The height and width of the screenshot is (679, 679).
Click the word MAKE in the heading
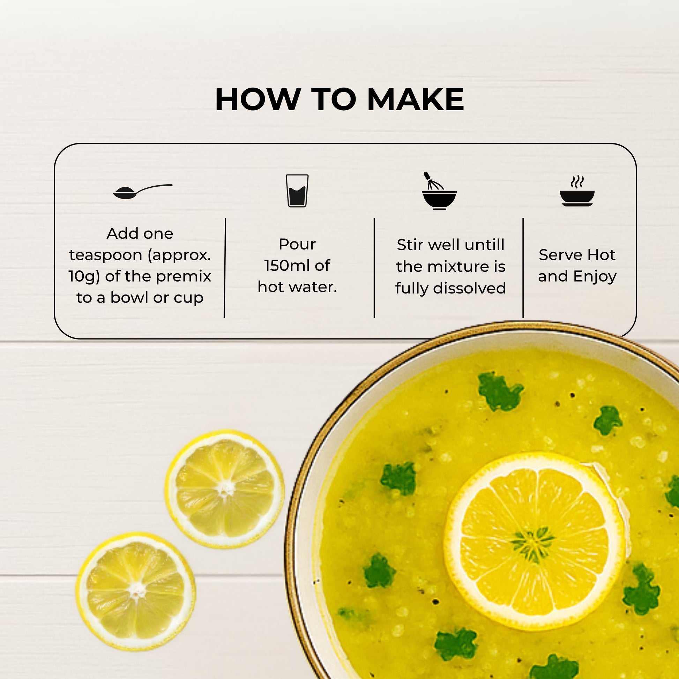coord(416,99)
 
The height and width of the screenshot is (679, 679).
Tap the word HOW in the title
coord(258,99)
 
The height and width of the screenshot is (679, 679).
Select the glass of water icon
coord(297,191)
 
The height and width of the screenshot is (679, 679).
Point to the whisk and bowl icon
coord(439,191)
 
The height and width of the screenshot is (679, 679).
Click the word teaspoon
coord(106,255)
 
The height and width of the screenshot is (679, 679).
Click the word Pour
coord(297,244)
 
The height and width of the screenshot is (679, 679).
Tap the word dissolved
coord(470,288)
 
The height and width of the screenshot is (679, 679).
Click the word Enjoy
coord(595,277)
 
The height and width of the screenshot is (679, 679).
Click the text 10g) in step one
coord(85,276)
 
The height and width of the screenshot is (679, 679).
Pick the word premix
coord(184,277)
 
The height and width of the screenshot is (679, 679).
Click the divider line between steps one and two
coord(225,268)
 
